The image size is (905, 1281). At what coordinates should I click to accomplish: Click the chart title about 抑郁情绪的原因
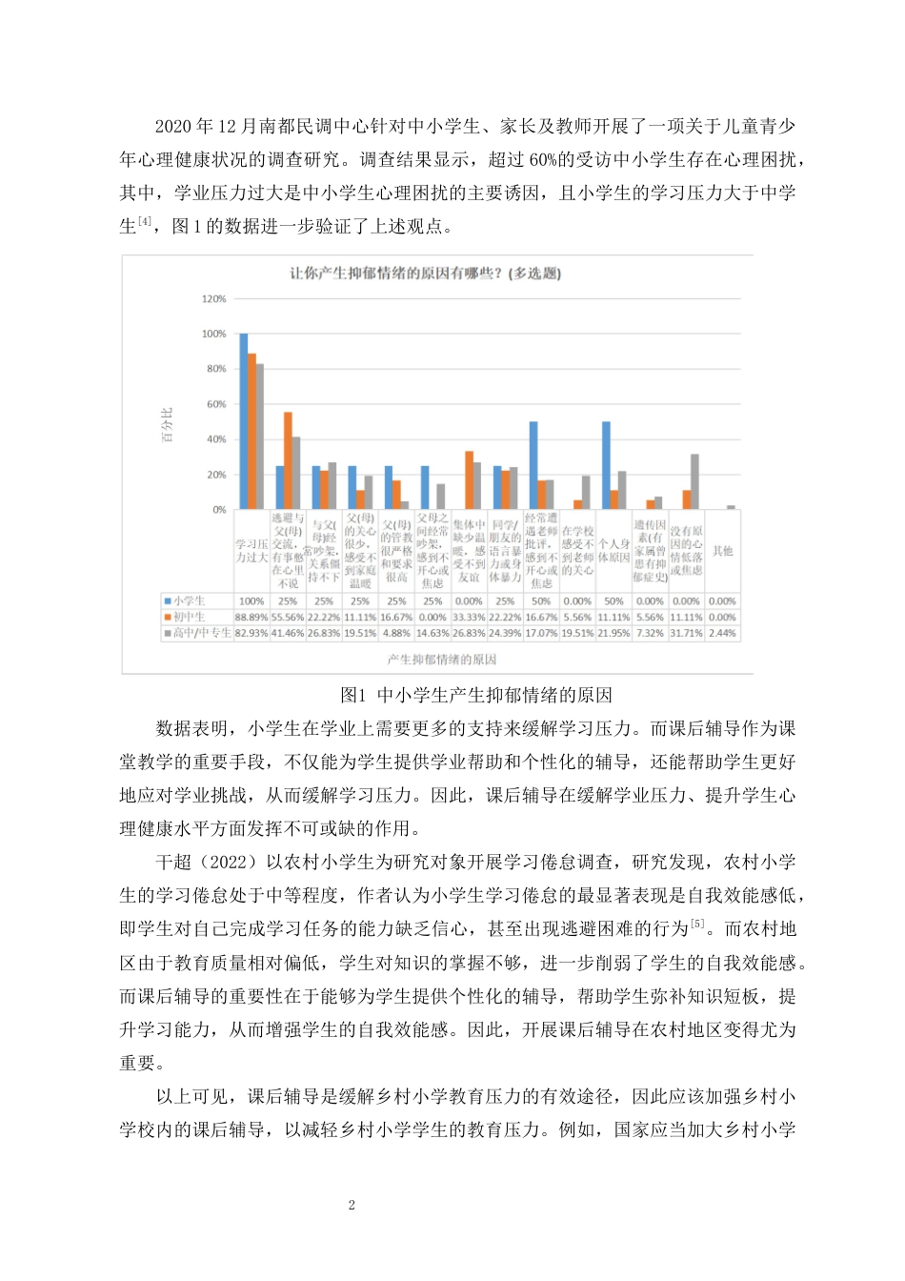[425, 274]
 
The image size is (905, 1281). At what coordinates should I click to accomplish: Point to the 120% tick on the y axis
[214, 299]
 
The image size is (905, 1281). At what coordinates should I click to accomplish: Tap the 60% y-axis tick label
[217, 404]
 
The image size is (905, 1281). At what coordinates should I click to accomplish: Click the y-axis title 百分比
[168, 425]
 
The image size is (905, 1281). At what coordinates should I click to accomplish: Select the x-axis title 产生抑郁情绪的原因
[441, 659]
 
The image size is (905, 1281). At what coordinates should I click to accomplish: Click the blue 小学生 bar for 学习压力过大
[244, 421]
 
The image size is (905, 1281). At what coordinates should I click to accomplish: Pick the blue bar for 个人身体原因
[606, 465]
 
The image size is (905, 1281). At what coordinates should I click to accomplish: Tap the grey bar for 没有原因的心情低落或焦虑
[694, 481]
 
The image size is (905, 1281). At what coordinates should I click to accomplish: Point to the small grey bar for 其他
[731, 507]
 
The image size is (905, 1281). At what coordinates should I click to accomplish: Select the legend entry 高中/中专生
[197, 632]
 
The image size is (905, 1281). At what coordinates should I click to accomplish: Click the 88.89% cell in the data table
[251, 617]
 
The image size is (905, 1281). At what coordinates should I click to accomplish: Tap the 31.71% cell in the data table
[686, 632]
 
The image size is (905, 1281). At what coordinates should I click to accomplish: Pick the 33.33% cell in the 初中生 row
[469, 617]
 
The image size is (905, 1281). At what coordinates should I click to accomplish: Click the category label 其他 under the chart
[723, 551]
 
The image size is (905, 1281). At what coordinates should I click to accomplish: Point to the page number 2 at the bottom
[352, 1205]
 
